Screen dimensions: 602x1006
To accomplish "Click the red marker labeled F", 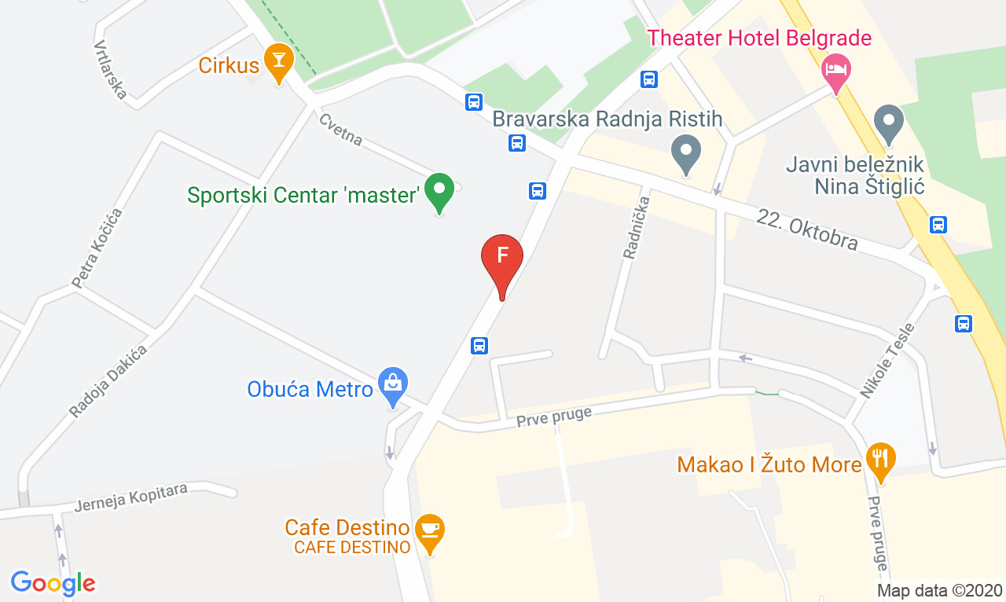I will (x=501, y=258).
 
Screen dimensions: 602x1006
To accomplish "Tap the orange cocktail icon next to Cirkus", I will (x=277, y=61).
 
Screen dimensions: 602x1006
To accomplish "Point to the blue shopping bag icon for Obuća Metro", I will (x=392, y=384).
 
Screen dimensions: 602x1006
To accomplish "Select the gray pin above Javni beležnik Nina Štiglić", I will (x=889, y=123).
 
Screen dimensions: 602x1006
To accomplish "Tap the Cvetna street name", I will (x=341, y=130).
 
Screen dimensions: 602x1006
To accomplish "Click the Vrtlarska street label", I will (x=111, y=70).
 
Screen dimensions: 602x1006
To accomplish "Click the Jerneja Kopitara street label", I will (x=131, y=497).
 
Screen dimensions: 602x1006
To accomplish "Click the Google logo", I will (x=53, y=583).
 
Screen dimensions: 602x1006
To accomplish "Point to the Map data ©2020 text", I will (x=940, y=590).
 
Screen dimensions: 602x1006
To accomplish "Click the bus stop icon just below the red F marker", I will (x=479, y=345).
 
